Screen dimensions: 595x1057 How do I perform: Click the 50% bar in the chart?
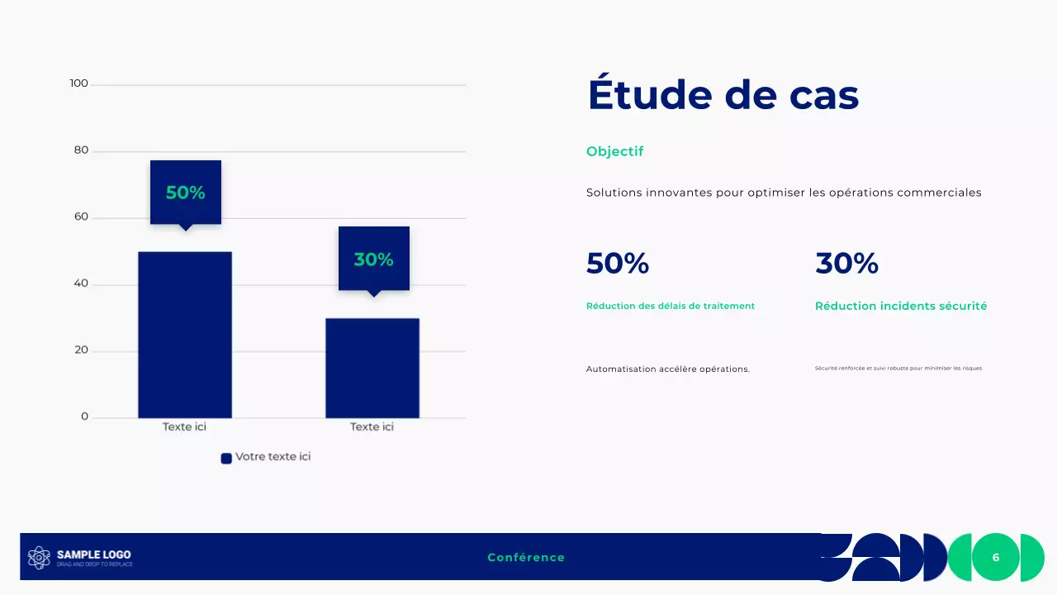[x=185, y=335]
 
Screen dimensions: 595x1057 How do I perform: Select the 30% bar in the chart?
[x=372, y=368]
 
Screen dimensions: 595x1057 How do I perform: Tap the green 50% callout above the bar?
[x=186, y=193]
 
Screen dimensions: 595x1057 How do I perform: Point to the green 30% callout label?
[x=373, y=259]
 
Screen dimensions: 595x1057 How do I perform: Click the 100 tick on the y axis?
[x=79, y=83]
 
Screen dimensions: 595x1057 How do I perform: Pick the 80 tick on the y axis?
[x=81, y=150]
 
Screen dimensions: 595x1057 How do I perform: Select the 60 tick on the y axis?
[x=81, y=217]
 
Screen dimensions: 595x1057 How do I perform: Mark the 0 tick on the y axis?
[x=84, y=416]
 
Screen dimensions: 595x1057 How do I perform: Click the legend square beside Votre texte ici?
[x=226, y=458]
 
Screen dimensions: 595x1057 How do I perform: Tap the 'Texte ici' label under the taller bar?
[x=184, y=427]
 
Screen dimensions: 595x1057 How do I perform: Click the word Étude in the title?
[x=649, y=95]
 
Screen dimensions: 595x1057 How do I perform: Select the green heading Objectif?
[x=614, y=151]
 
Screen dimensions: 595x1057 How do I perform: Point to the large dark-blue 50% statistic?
[x=618, y=264]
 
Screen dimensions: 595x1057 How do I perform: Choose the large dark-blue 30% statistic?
[x=846, y=264]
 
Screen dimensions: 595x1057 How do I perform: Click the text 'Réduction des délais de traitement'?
[x=671, y=306]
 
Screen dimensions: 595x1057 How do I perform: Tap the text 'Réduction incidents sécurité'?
[x=901, y=306]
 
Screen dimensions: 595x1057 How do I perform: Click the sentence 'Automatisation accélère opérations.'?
[x=668, y=369]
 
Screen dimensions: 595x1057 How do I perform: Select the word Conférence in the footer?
[x=526, y=558]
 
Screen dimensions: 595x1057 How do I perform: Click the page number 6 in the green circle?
[x=996, y=558]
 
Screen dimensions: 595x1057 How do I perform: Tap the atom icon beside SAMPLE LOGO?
[x=39, y=558]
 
